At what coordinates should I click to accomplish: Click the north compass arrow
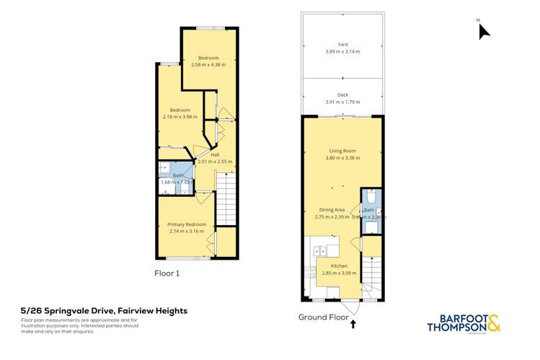coord(484,31)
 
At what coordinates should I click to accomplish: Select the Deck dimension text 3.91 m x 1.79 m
coord(342,102)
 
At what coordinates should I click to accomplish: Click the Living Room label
coord(342,151)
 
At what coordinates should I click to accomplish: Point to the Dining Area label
coord(332,210)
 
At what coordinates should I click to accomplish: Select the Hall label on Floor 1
coord(215,154)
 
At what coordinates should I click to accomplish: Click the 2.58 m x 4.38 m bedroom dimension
coord(208,65)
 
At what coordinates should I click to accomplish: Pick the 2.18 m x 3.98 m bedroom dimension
coord(180,117)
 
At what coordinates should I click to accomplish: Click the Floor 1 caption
coord(167,273)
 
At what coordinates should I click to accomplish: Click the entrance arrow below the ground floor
coord(353,324)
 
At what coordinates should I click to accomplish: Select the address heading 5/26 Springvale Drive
coord(105,311)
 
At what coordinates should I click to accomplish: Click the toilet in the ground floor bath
coord(370,197)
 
